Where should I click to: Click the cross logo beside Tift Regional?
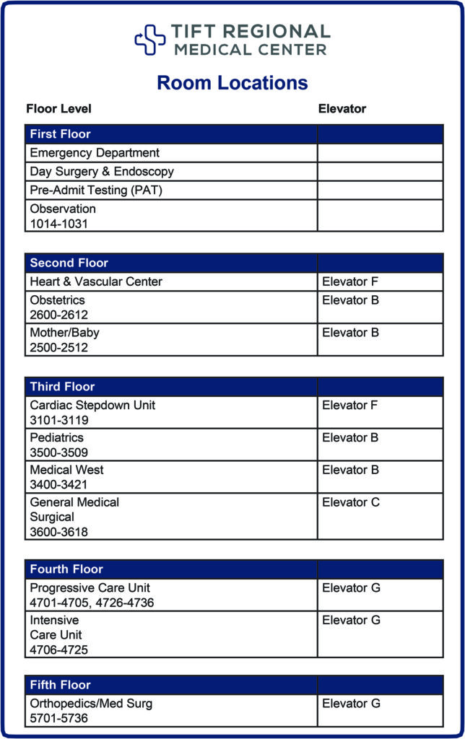click(x=150, y=40)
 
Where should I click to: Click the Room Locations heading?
click(x=232, y=83)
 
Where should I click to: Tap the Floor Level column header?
click(x=59, y=109)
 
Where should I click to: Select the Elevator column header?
click(x=342, y=109)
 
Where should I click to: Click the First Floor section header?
click(x=61, y=134)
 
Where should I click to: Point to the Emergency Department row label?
click(x=95, y=153)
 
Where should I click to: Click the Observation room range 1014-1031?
click(x=58, y=224)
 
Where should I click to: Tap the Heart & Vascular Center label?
click(x=96, y=281)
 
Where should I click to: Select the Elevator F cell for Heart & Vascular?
click(x=350, y=281)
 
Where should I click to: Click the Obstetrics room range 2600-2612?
click(x=58, y=315)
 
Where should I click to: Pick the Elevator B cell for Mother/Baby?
click(x=350, y=333)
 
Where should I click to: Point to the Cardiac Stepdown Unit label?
click(x=92, y=405)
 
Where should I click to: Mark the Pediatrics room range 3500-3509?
click(x=58, y=452)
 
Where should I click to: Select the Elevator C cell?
click(x=350, y=502)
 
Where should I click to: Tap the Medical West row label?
click(x=66, y=470)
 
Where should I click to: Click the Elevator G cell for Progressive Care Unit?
click(x=350, y=588)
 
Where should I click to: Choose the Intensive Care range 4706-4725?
click(x=58, y=650)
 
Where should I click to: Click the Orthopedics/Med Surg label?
click(x=91, y=703)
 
